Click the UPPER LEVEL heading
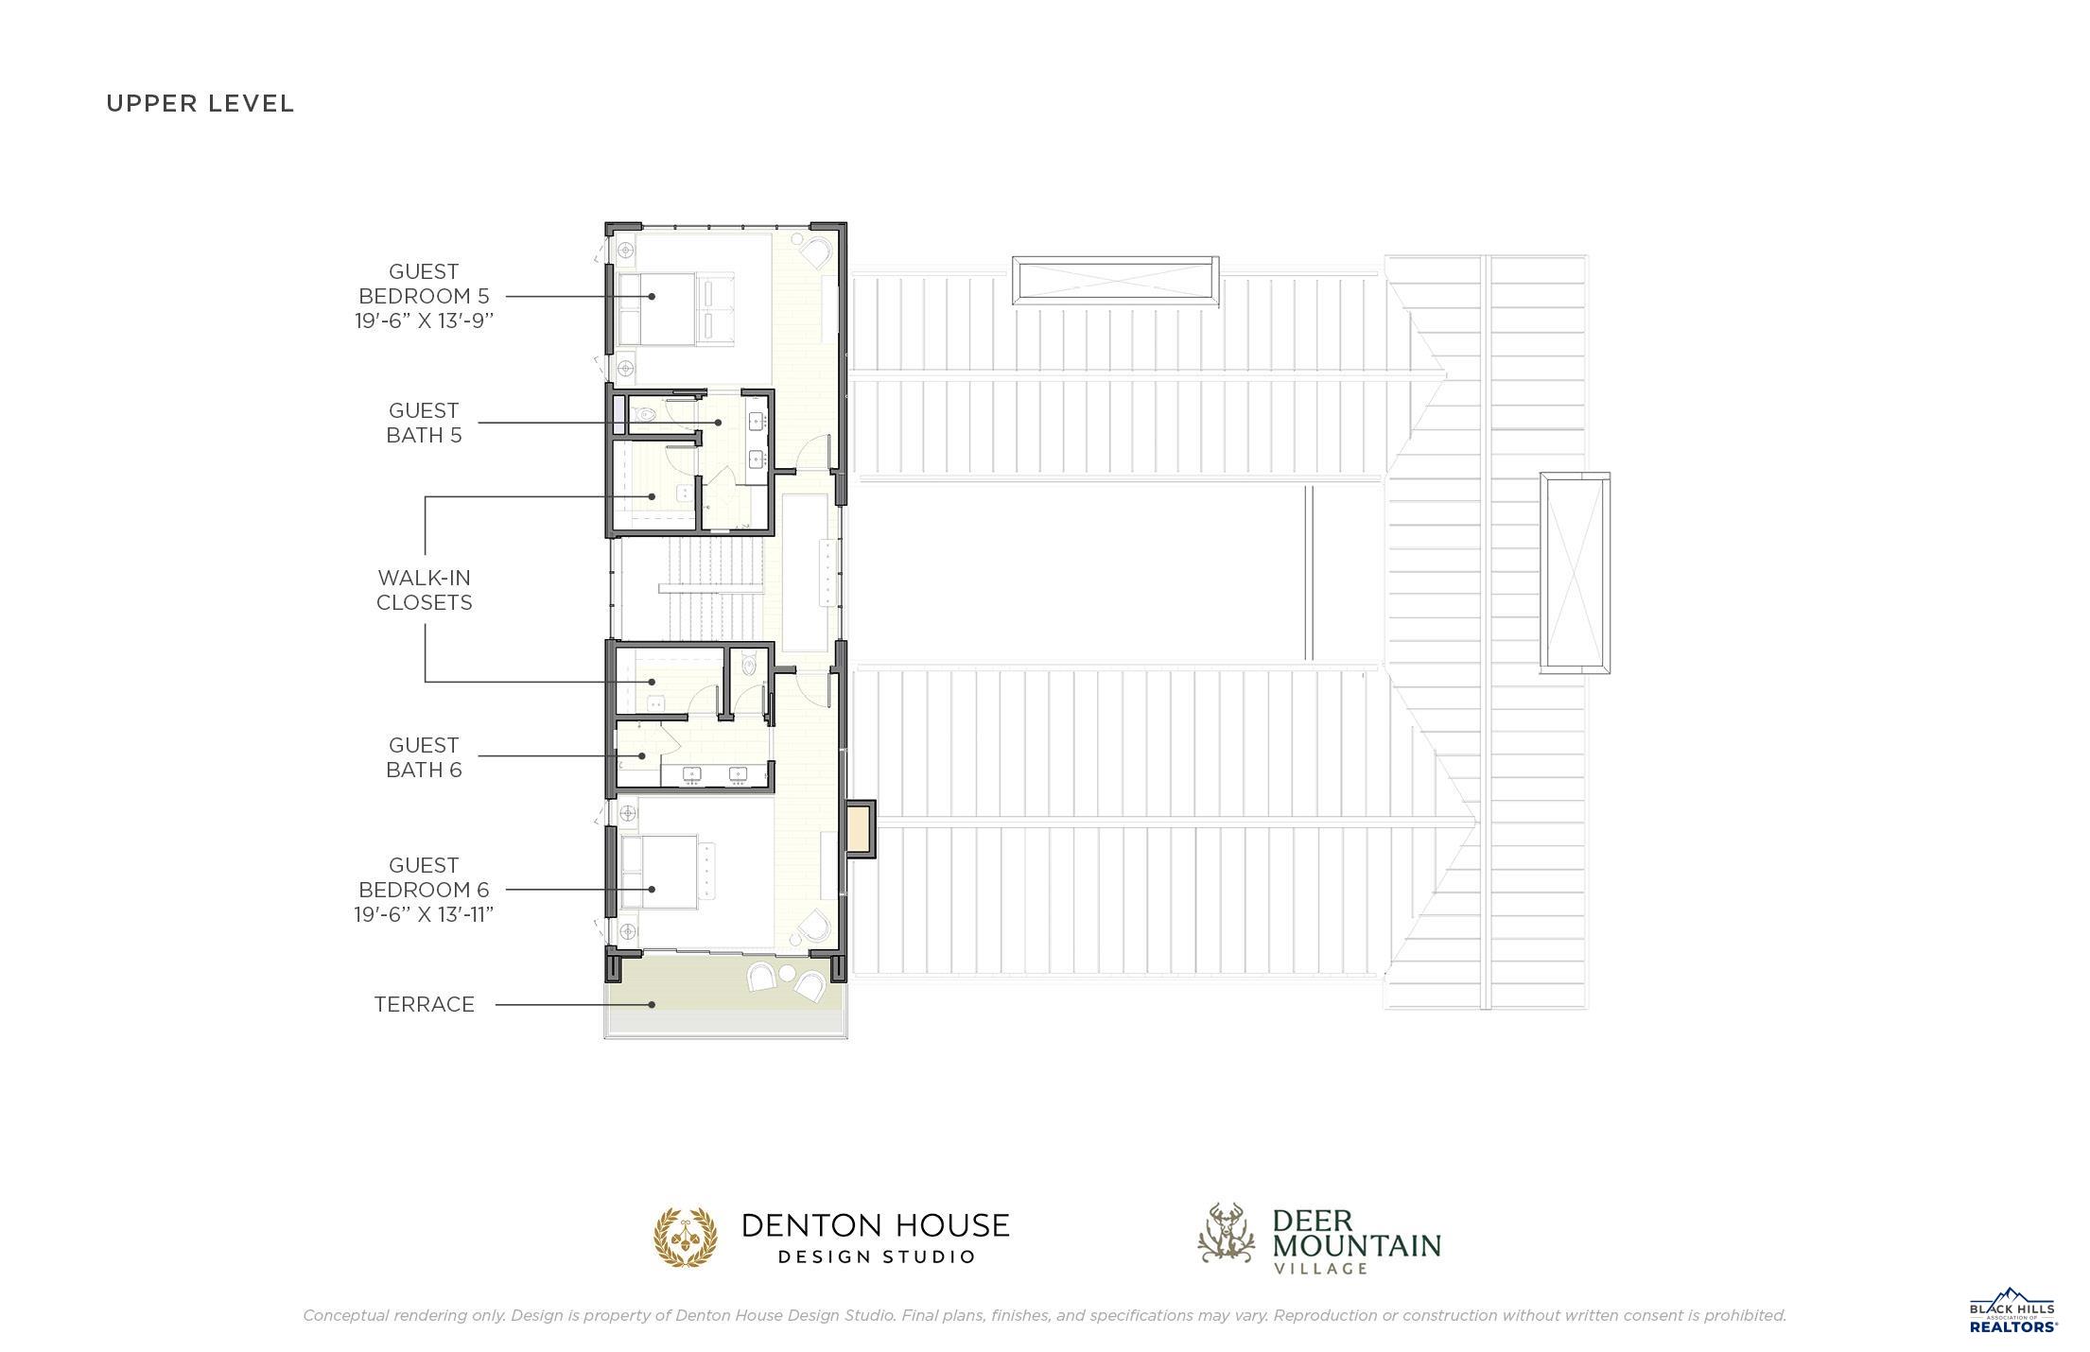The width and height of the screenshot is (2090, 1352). pos(200,103)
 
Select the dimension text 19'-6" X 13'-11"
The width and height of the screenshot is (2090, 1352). pos(424,914)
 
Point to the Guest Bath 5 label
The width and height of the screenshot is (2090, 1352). pos(424,423)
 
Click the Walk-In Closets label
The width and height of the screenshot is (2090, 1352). pos(424,590)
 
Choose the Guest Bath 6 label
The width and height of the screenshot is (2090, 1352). pos(424,757)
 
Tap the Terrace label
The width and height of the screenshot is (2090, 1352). pos(424,1004)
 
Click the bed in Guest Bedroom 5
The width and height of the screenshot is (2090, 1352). pos(673,308)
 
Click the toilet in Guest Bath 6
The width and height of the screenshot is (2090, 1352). pos(750,665)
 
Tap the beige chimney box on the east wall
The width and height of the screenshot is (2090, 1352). pos(859,828)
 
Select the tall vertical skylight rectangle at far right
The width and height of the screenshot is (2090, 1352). pos(1575,573)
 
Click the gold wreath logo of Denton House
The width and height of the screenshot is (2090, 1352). pos(686,1237)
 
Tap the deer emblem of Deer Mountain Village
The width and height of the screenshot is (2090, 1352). pos(1227,1233)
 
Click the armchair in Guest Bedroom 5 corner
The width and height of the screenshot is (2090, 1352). pos(816,253)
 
